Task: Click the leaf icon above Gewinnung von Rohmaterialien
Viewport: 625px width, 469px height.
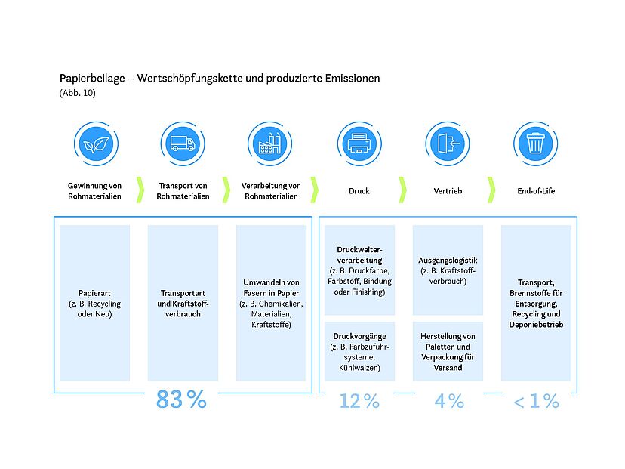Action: pos(96,144)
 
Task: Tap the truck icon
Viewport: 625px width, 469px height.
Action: pos(183,144)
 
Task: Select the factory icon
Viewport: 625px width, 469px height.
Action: pos(269,144)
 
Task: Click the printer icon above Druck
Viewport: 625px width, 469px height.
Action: pos(359,144)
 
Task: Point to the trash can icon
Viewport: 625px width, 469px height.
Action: pos(535,144)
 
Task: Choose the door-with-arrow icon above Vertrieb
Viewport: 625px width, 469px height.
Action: pos(448,144)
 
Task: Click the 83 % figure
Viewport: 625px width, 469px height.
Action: pos(181,400)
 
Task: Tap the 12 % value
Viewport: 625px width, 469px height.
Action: pos(359,401)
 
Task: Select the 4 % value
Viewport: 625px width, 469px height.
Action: pos(449,401)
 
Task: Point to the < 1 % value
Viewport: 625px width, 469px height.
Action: pos(537,401)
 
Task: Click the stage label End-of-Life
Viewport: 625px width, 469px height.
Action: pos(536,191)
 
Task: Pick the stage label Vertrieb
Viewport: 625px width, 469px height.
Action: pos(448,191)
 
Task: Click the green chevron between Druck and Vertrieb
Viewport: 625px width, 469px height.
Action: pos(403,190)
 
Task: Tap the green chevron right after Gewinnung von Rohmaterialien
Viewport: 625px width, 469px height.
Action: pos(140,190)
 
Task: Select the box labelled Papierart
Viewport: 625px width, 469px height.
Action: pos(95,303)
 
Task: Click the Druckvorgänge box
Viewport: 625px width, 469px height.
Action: pos(359,351)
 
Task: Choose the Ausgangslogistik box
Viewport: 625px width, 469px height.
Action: pos(448,270)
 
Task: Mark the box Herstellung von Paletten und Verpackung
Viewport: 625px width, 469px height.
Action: pos(448,351)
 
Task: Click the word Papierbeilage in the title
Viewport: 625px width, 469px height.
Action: pos(92,79)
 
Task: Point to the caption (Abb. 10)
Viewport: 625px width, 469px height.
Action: pos(78,93)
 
